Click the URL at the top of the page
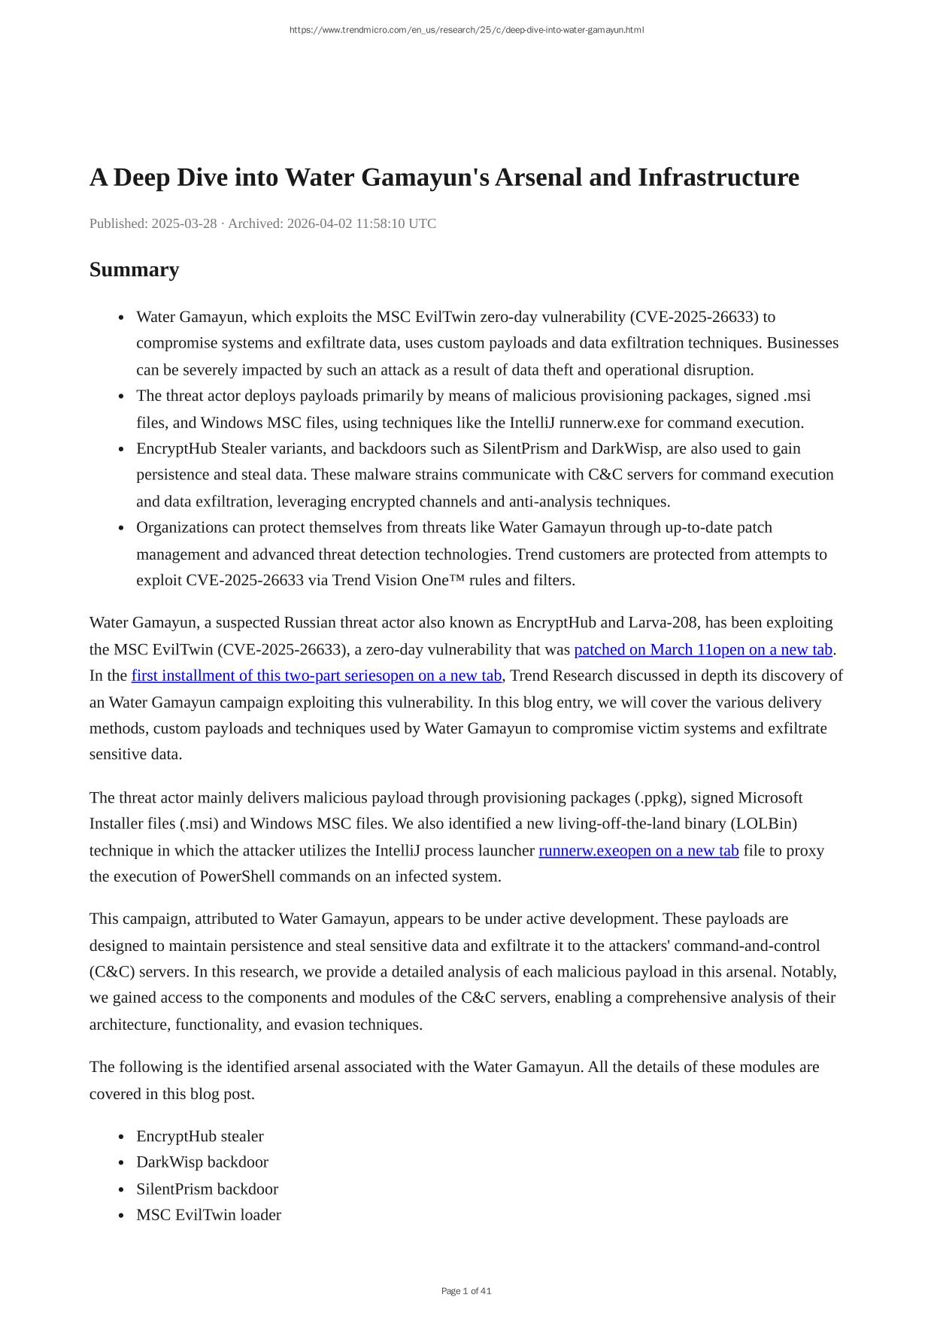466,30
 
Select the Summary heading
134,269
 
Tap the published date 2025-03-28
184,223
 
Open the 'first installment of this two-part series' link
316,676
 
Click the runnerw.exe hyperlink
638,850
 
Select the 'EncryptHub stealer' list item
199,1136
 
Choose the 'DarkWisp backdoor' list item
202,1162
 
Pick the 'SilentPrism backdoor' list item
207,1189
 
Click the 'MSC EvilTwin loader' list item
208,1214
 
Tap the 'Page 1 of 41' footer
466,1291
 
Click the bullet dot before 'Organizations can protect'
122,528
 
